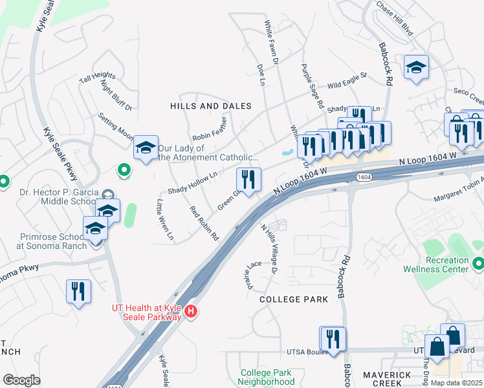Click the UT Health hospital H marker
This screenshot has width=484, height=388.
pos(190,312)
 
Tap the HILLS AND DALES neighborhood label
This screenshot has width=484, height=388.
pos(210,105)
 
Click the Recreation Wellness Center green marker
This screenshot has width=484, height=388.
pos(478,263)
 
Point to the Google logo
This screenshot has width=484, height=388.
pos(21,380)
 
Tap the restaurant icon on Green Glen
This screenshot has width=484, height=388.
pos(249,178)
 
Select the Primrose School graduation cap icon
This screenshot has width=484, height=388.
pos(95,229)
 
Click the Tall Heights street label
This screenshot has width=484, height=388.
pos(97,77)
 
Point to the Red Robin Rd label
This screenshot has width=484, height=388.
pos(204,223)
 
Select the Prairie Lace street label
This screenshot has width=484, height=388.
pos(253,274)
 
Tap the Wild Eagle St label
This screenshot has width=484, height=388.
pos(347,81)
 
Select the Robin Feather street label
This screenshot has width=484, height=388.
pos(211,129)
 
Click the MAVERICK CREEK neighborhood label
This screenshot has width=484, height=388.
pos(388,379)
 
